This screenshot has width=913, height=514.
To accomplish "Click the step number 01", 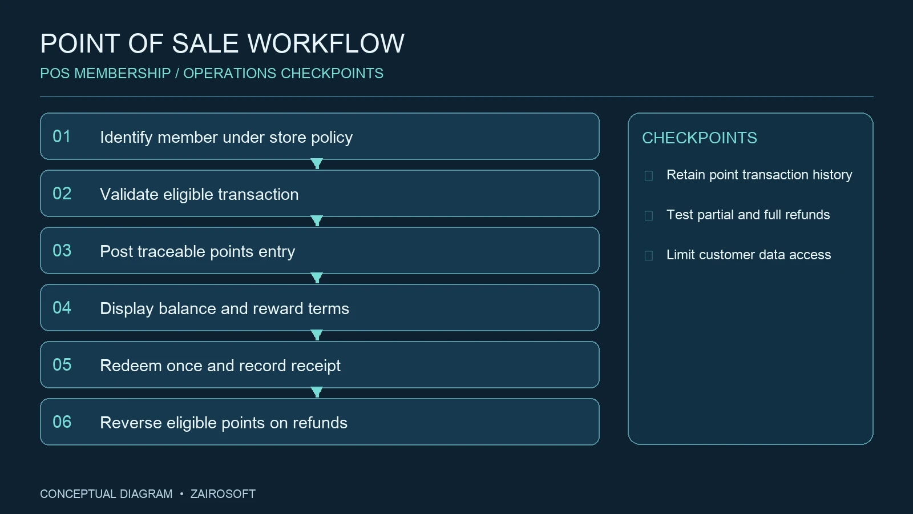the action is tap(62, 136).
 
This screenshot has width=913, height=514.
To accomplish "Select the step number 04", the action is tap(62, 308).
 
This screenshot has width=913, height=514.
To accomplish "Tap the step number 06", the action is tap(62, 422).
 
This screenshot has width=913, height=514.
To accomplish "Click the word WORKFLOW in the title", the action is tap(326, 43).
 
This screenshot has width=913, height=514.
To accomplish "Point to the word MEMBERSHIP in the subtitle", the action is tap(122, 74).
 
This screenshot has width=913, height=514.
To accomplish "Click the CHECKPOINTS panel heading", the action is tap(700, 138).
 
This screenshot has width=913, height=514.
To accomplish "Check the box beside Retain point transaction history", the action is tap(648, 176).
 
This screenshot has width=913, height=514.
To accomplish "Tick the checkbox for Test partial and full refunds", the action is tap(648, 215).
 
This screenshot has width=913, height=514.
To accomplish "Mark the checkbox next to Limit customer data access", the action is tap(648, 256).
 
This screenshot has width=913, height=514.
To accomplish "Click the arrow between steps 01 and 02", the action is tap(317, 163).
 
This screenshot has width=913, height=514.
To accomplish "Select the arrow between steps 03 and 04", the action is tap(317, 278).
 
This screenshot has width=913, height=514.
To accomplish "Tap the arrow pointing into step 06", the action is tap(317, 392).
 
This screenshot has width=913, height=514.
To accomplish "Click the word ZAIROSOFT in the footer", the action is tap(223, 494).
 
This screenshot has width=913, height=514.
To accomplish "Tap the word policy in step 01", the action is tap(332, 138).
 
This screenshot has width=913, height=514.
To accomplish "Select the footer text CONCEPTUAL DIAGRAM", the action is tap(106, 494).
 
